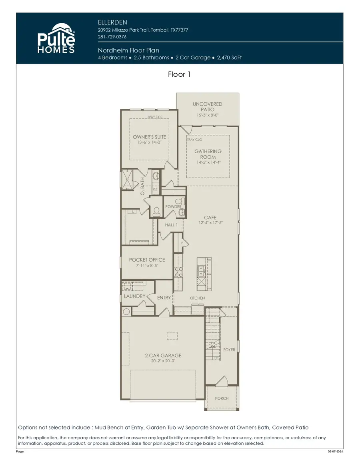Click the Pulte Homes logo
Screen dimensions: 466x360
[x=56, y=38]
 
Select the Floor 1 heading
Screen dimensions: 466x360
[x=182, y=74]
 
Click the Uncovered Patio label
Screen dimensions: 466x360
[x=208, y=107]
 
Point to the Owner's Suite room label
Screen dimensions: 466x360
[x=149, y=137]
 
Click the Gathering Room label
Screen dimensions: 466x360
[x=208, y=154]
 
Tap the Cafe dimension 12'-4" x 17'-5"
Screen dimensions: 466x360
[x=210, y=222]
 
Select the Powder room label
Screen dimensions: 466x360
[x=173, y=207]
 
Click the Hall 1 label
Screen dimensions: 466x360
[x=171, y=225]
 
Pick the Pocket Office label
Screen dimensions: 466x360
[x=147, y=260]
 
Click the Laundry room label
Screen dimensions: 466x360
[x=134, y=296]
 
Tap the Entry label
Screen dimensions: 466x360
[x=164, y=298]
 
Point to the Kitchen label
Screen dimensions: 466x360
[x=197, y=298]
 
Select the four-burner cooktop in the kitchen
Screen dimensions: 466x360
[x=178, y=272]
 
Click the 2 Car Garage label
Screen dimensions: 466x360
[x=163, y=355]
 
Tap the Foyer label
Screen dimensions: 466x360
[x=229, y=350]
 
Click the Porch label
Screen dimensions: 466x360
[x=222, y=398]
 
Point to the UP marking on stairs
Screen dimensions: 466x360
[x=216, y=358]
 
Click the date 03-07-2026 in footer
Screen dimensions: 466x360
[x=335, y=452]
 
